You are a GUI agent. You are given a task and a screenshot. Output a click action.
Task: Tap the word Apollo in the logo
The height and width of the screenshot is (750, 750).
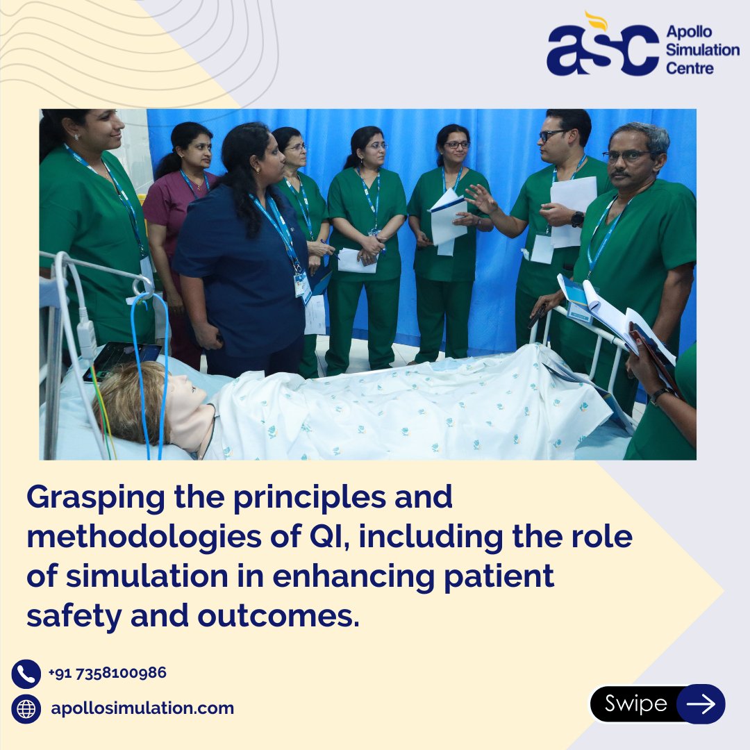point(688,32)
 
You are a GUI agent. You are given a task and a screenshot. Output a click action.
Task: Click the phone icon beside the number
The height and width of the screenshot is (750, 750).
point(26,674)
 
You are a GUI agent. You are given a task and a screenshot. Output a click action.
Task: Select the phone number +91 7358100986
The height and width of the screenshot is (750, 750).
point(107,673)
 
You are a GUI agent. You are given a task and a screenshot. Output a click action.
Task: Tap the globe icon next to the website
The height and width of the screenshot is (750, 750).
point(26,709)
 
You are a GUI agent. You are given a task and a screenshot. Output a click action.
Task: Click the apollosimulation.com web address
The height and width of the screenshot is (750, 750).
point(142,709)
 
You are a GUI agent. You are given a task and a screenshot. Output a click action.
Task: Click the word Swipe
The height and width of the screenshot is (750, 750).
point(635,704)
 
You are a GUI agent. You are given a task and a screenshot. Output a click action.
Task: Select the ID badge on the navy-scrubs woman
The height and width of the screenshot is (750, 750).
point(302,285)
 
